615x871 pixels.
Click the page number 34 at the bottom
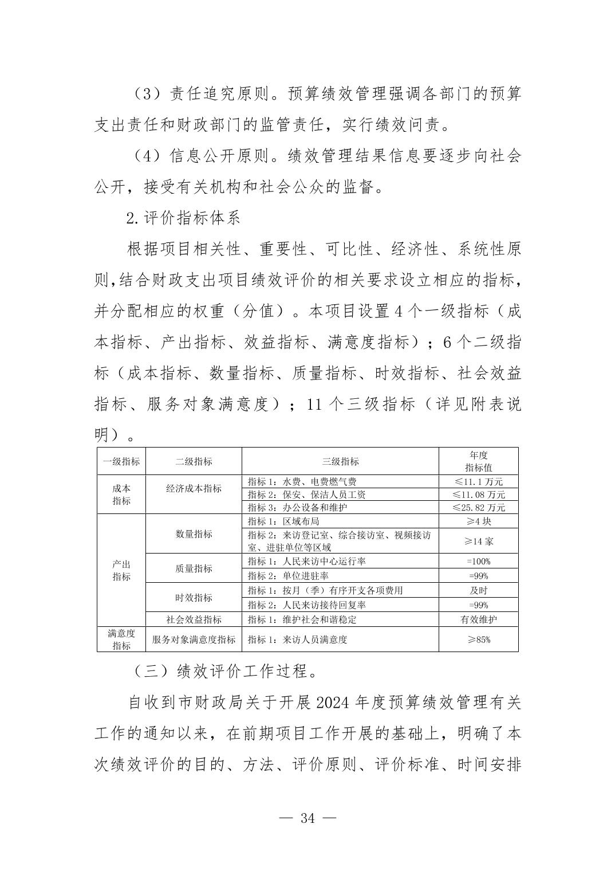pos(307,818)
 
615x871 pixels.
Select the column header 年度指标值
pos(478,461)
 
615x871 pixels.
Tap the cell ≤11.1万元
pos(478,482)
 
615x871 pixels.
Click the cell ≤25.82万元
pos(478,508)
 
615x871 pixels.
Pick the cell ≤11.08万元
pos(478,495)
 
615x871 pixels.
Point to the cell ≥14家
pos(478,541)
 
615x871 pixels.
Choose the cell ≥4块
pos(478,521)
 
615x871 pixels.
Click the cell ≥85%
pos(478,639)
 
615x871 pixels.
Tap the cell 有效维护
pos(478,619)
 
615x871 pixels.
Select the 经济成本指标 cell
pos(194,489)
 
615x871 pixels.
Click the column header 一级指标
pos(121,461)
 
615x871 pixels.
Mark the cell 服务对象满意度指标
pos(194,639)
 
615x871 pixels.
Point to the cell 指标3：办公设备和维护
pos(297,508)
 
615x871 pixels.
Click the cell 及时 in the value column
pos(478,590)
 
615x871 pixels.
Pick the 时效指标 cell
pos(194,598)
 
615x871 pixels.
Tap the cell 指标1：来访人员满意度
pos(297,639)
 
